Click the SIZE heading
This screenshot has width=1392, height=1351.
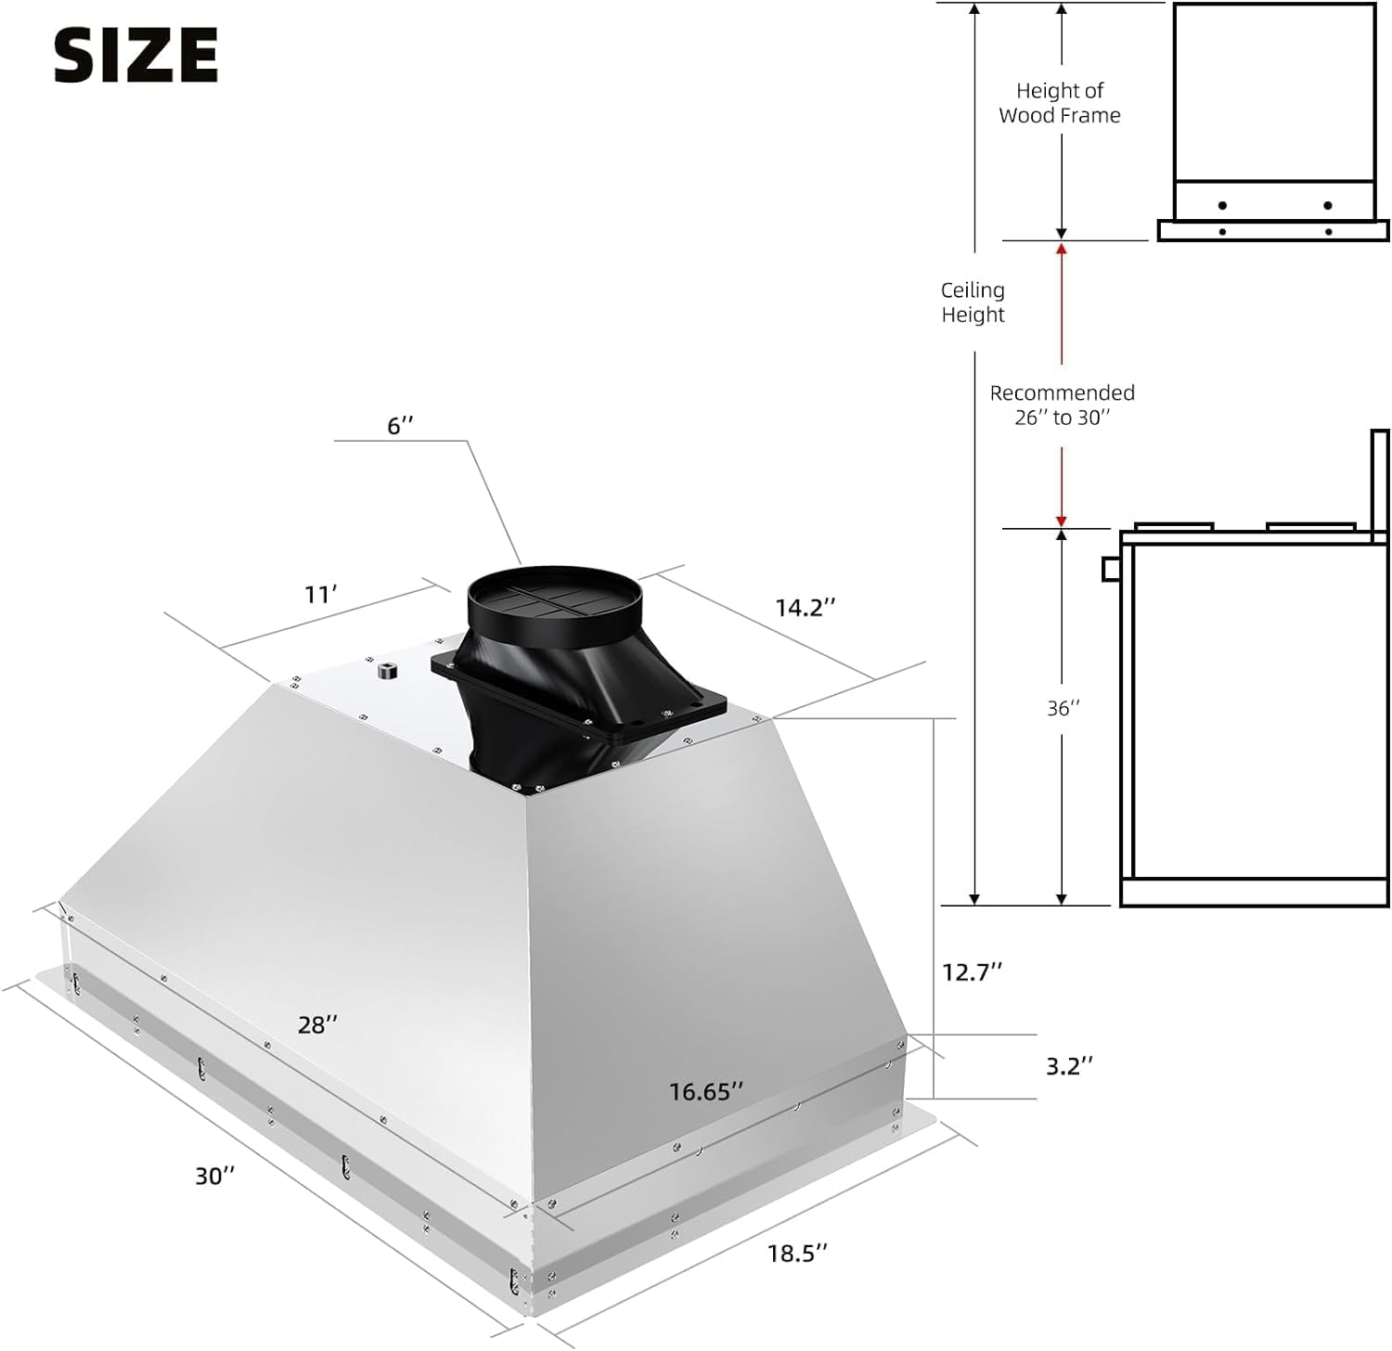point(135,55)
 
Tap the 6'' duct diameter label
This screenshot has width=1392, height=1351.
point(400,426)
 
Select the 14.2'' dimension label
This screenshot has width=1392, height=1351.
point(805,608)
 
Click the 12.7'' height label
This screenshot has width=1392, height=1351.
point(972,971)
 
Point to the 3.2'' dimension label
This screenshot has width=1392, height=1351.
point(1069,1066)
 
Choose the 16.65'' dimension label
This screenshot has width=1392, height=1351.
point(705,1092)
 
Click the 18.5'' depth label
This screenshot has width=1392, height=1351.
point(796,1254)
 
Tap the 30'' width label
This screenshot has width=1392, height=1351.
point(214,1176)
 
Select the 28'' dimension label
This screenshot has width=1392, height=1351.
point(317,1024)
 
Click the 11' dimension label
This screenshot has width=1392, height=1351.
point(321,595)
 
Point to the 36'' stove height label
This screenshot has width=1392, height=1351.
point(1063,709)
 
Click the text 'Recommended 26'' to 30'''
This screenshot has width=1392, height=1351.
point(1062,405)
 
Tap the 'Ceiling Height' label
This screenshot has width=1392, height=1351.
point(973,302)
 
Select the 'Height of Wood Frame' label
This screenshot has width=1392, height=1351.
point(1060,103)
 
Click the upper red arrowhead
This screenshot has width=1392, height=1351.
point(1062,249)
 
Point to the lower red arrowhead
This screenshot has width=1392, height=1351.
point(1062,521)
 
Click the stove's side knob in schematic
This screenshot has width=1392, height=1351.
point(1111,568)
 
